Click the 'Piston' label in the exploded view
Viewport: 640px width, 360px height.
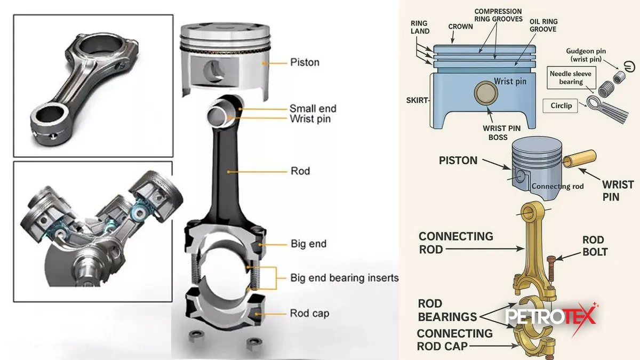point(305,62)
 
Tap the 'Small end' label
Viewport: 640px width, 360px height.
point(313,108)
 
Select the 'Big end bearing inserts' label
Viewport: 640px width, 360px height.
point(345,278)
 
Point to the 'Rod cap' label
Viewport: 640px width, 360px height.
point(309,313)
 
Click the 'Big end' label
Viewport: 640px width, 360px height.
point(308,244)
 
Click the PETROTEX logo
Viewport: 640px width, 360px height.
point(551,317)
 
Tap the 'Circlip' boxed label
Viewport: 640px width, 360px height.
point(561,106)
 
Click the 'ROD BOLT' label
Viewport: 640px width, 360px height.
point(595,246)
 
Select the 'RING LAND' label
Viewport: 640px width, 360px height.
point(421,27)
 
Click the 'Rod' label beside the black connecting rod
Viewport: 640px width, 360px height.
point(300,171)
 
